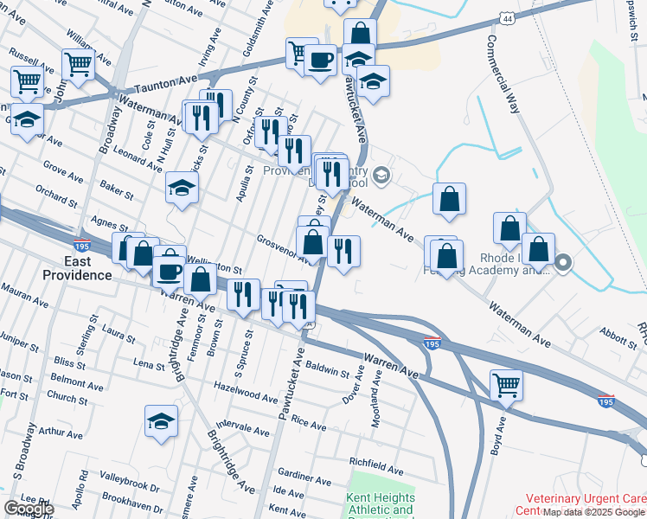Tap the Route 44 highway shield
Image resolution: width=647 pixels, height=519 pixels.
click(x=506, y=18)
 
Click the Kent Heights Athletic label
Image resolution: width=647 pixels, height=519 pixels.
click(x=381, y=504)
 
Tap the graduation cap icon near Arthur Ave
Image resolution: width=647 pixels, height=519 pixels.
click(x=161, y=421)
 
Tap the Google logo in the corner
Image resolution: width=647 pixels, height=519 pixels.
click(x=29, y=509)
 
